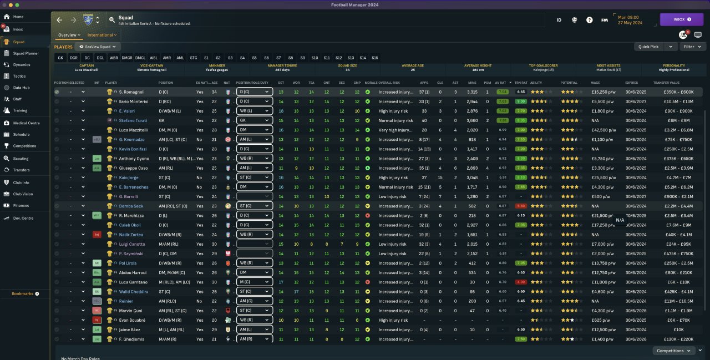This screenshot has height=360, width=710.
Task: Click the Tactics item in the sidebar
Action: tap(19, 76)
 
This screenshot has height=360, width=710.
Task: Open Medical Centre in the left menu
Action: tap(26, 123)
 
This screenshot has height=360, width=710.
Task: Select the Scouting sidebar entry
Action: tap(21, 158)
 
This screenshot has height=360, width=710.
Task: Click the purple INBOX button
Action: tap(681, 19)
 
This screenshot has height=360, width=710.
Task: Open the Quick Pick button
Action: tap(648, 47)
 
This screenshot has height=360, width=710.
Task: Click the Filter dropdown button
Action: tap(691, 47)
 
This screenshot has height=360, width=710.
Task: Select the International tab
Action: tap(100, 35)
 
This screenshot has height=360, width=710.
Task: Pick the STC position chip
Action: tap(194, 58)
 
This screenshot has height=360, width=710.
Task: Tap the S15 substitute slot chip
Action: tap(374, 58)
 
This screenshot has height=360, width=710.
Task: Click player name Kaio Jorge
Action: tap(129, 178)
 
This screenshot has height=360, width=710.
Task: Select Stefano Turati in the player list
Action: tap(133, 120)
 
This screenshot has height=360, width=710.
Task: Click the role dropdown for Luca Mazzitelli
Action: tap(255, 130)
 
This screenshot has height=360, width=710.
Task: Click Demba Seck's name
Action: tap(131, 206)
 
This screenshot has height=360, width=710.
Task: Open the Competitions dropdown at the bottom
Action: tap(674, 351)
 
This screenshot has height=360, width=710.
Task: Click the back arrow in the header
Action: tap(59, 20)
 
